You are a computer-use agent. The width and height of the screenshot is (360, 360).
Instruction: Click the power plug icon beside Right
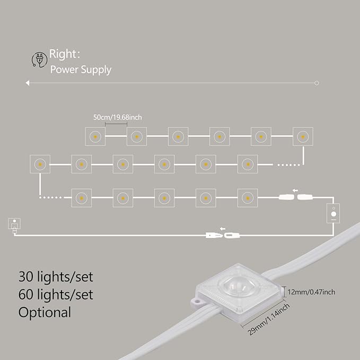pos(39,59)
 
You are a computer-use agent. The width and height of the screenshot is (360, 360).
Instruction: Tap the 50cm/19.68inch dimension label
pos(117,117)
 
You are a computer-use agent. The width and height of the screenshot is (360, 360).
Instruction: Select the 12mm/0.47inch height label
pos(311,292)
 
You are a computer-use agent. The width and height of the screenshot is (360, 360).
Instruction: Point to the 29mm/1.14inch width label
pos(269,319)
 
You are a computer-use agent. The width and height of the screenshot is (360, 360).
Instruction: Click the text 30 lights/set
pos(56,277)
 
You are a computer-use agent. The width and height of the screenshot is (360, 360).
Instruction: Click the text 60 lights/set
pos(56,295)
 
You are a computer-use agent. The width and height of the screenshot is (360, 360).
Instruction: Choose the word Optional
pos(45,312)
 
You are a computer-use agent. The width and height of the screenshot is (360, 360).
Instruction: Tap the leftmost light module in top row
pos(95,137)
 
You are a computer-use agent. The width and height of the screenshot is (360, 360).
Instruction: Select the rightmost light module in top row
pos(303,137)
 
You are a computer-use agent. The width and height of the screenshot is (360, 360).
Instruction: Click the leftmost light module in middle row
pos(40,164)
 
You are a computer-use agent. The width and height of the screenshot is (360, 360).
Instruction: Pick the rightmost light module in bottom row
pos(248,198)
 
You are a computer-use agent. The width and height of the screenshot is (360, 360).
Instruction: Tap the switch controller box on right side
pos(333,213)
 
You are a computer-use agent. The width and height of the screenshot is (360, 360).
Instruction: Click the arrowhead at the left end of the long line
pos(28,83)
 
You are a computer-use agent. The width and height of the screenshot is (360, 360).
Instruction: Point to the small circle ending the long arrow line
pos(317,83)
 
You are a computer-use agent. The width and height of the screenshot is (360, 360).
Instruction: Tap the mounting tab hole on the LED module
pos(196,300)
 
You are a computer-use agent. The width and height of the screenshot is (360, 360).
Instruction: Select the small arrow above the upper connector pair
pos(295,190)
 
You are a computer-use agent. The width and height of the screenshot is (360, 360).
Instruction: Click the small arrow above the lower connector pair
pos(223,229)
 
